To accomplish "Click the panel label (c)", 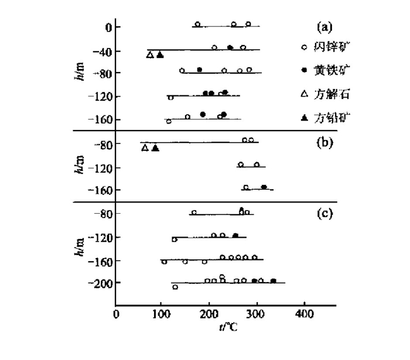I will coord(324,213).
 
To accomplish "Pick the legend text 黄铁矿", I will coord(331,71).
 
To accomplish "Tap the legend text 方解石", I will coord(331,94).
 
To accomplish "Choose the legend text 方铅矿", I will coord(331,117).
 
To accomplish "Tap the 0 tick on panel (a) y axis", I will coord(108,27).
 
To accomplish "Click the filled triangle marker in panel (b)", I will coord(155,148).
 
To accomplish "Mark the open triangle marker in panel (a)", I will coord(150,55).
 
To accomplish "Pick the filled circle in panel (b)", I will coord(264,187).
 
